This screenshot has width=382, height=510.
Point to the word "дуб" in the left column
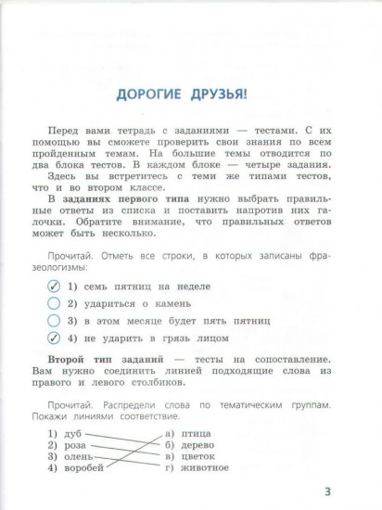[75, 433]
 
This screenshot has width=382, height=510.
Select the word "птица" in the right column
[195, 433]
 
